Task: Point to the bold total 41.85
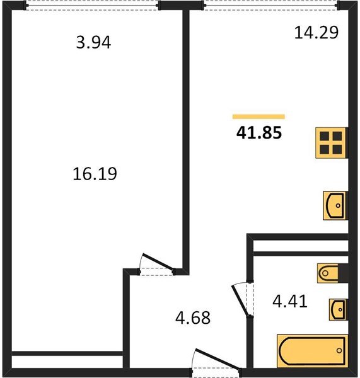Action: tap(258, 133)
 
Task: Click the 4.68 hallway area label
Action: tap(192, 317)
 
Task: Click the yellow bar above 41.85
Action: tap(258, 117)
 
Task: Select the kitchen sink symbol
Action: tap(335, 205)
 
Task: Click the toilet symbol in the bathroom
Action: tap(332, 273)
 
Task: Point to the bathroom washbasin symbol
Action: tap(337, 309)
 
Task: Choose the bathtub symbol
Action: tap(313, 349)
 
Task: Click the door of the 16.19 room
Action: tap(157, 263)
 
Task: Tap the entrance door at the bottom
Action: tap(216, 361)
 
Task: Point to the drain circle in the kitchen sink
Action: tap(339, 205)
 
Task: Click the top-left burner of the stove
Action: tap(325, 136)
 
